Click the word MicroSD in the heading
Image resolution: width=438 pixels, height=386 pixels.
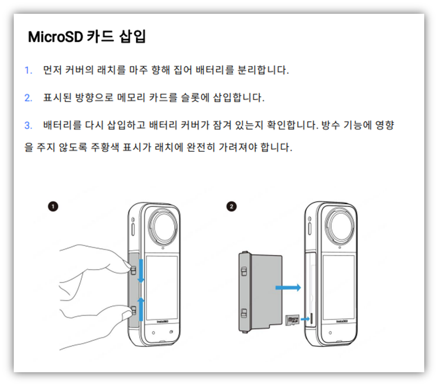pyautogui.click(x=55, y=37)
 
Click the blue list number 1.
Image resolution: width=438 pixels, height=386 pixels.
pyautogui.click(x=28, y=70)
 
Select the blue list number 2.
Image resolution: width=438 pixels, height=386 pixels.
pyautogui.click(x=28, y=98)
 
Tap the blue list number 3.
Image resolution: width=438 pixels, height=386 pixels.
pyautogui.click(x=28, y=125)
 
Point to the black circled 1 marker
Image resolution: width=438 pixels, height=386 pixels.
pyautogui.click(x=53, y=207)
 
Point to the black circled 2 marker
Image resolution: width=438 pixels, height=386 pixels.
pyautogui.click(x=231, y=207)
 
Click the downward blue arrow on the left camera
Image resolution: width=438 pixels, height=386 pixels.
pyautogui.click(x=141, y=271)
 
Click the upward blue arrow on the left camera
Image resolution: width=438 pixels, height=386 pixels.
pyautogui.click(x=141, y=309)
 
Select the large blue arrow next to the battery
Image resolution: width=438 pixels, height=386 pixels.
pyautogui.click(x=288, y=287)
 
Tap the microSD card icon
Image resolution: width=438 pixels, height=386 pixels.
pyautogui.click(x=292, y=320)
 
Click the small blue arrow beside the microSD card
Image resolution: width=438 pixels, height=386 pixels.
pyautogui.click(x=305, y=319)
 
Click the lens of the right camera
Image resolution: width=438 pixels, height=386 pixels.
pyautogui.click(x=340, y=225)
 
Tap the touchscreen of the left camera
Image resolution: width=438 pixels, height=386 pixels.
pyautogui.click(x=162, y=287)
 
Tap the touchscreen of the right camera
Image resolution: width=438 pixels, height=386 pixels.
pyautogui.click(x=339, y=287)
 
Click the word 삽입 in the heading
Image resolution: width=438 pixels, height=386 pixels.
pyautogui.click(x=132, y=37)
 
